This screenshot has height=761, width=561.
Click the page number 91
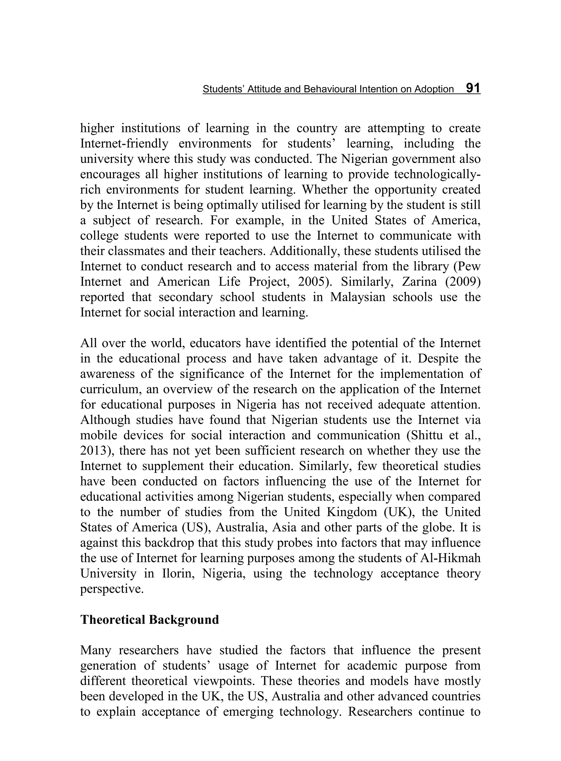coord(473,88)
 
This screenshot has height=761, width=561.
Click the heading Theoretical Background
coord(149,619)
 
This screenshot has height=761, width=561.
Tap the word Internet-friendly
coord(124,143)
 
